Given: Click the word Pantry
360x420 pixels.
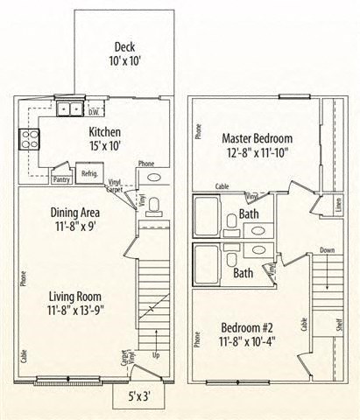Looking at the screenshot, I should [61, 180].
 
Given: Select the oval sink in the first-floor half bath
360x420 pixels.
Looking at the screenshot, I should [154, 177].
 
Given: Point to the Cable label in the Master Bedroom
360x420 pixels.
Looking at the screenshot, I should [222, 186].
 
